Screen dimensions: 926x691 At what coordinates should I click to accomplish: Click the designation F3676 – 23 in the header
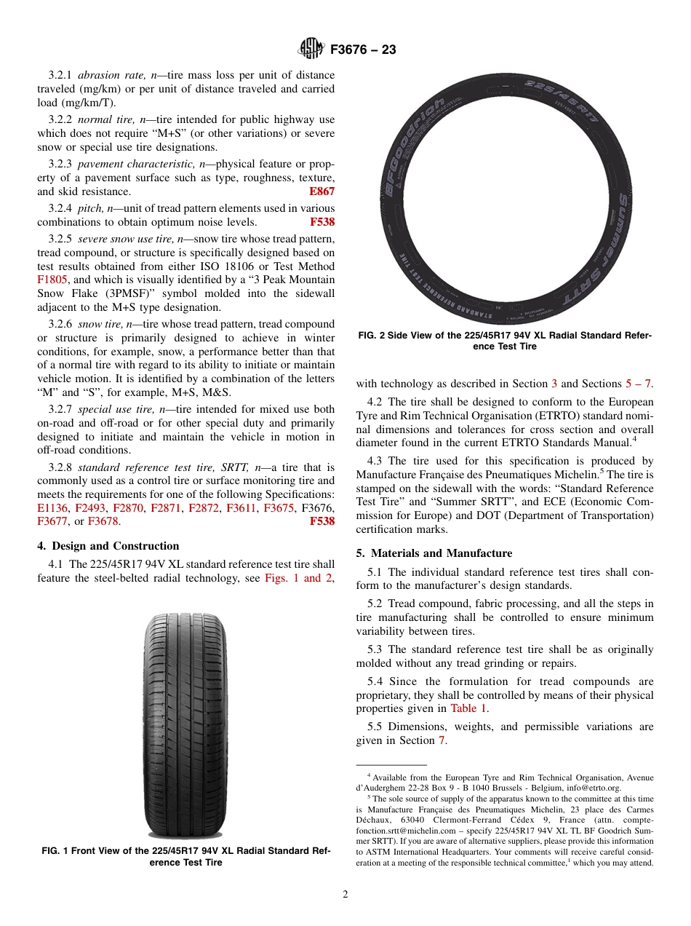coord(363,50)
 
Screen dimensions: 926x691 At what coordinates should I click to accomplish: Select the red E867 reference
coord(321,191)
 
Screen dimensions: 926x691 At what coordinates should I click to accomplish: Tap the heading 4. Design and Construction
coord(108,546)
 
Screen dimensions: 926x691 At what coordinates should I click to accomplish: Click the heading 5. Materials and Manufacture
coord(434,553)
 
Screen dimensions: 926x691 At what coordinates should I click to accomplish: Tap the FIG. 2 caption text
coord(504,341)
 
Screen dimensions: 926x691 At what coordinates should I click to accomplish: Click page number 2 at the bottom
coord(345,895)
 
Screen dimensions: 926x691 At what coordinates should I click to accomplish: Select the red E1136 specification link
coord(52,508)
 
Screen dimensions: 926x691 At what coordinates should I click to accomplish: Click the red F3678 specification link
coord(104,521)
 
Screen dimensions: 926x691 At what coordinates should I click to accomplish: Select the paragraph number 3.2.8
coord(61,467)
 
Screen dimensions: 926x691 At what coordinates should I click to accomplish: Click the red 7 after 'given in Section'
coord(441,740)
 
